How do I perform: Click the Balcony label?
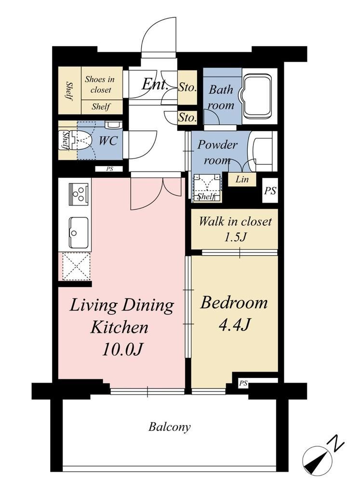[x=169, y=427]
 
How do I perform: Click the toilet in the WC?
[x=80, y=140]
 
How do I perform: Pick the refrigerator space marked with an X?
[x=76, y=266]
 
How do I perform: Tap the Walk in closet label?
[x=235, y=221]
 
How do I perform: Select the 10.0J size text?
[x=122, y=350]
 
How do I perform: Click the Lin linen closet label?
[x=242, y=180]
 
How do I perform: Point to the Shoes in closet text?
[x=100, y=84]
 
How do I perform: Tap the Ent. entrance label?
[x=155, y=84]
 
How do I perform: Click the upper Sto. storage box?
[x=187, y=88]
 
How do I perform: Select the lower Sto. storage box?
[x=187, y=118]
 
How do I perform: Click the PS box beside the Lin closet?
[x=270, y=191]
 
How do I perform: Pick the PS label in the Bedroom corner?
[x=243, y=383]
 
